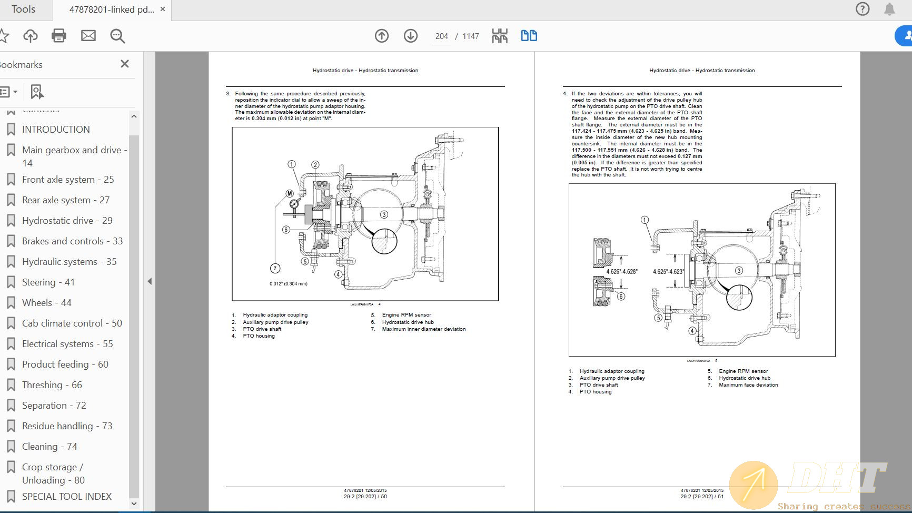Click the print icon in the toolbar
pyautogui.click(x=59, y=36)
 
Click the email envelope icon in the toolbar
pyautogui.click(x=88, y=36)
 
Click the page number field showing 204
pyautogui.click(x=441, y=36)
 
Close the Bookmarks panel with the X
pyautogui.click(x=125, y=64)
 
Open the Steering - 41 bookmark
pyautogui.click(x=48, y=282)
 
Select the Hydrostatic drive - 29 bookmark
pyautogui.click(x=67, y=221)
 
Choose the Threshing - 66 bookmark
pyautogui.click(x=52, y=385)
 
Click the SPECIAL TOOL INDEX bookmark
pyautogui.click(x=67, y=497)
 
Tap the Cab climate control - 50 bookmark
pyautogui.click(x=72, y=323)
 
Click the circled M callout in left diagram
pyautogui.click(x=290, y=193)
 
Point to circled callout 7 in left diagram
pyautogui.click(x=275, y=269)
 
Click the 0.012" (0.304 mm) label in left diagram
pyautogui.click(x=288, y=284)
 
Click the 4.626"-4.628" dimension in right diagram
pyautogui.click(x=621, y=272)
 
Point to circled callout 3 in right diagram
pyautogui.click(x=739, y=271)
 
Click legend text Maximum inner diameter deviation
pyautogui.click(x=423, y=329)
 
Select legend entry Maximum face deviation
pyautogui.click(x=748, y=385)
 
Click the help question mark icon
pyautogui.click(x=863, y=9)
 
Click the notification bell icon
pyautogui.click(x=889, y=9)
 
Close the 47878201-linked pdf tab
pyautogui.click(x=163, y=9)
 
